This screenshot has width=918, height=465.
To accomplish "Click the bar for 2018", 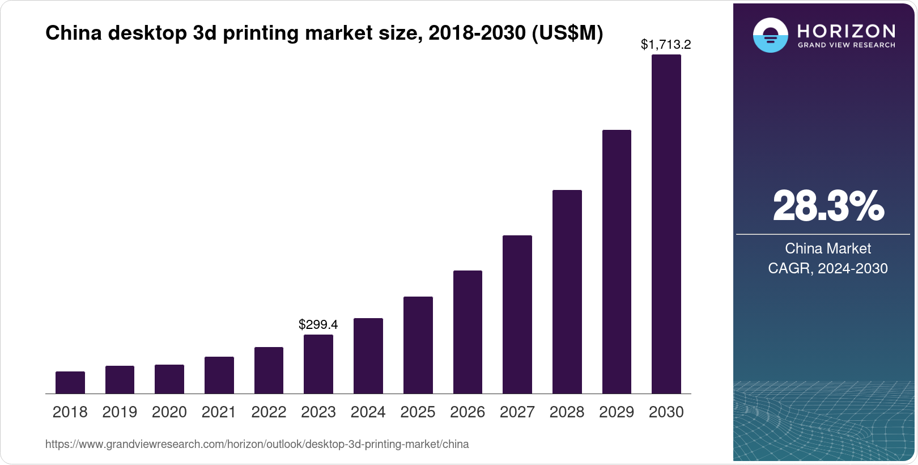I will click(70, 383).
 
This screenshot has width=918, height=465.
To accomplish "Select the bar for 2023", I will click(318, 364).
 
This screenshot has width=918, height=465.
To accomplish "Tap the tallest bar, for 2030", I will click(666, 224).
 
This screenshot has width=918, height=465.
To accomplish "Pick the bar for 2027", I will click(517, 315).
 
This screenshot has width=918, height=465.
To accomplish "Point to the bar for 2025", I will click(418, 345).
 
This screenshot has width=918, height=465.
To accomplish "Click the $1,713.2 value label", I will click(666, 44).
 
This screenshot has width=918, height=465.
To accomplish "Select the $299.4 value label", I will click(318, 324).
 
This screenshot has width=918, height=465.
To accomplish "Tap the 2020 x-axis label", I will click(169, 412).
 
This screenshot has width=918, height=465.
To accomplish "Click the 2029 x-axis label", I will click(617, 412).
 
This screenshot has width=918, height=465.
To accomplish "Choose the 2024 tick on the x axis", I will click(368, 412).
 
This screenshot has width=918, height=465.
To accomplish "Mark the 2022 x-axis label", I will click(269, 412).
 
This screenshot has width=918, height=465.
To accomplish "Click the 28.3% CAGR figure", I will click(828, 206).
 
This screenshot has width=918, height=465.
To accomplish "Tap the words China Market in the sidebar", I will click(828, 248).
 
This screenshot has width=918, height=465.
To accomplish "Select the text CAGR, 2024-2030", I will click(828, 268).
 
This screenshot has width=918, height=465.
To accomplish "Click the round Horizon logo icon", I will click(771, 35).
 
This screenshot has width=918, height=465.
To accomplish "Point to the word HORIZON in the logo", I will click(847, 31).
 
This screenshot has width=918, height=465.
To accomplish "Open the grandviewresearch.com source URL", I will click(257, 444).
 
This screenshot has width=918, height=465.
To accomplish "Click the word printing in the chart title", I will click(261, 33).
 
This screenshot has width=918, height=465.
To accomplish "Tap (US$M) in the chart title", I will click(567, 33).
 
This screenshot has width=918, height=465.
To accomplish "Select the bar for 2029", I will click(617, 262).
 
